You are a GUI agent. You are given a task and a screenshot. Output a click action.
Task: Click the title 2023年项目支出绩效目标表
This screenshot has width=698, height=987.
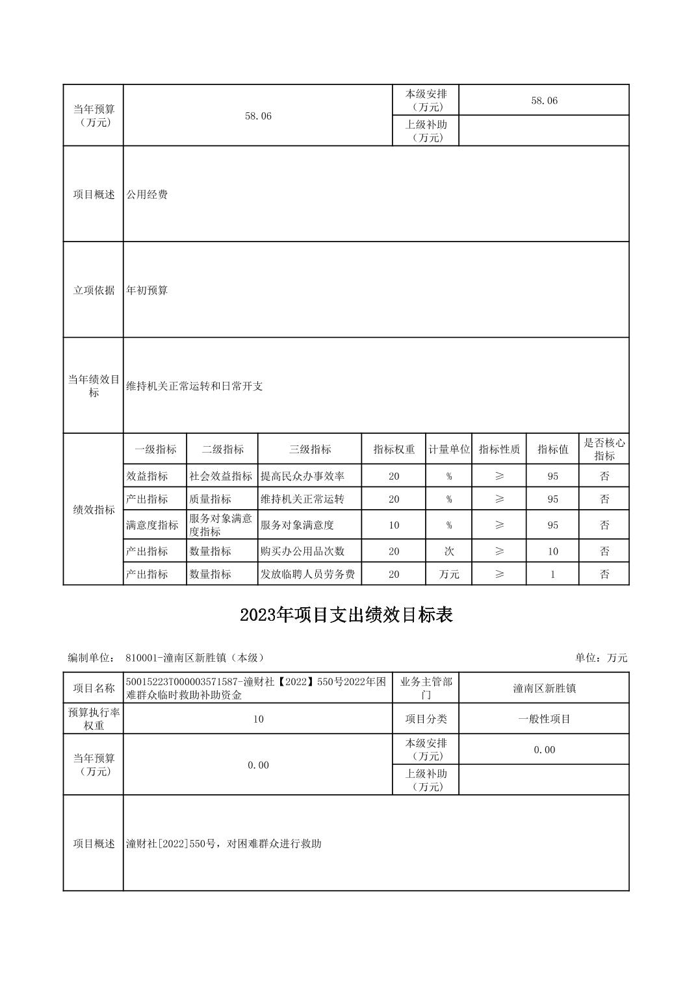[x=346, y=615]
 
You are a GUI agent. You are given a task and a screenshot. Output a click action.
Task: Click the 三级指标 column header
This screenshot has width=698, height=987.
[x=309, y=449]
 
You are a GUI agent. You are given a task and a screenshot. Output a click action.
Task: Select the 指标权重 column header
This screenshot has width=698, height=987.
[x=394, y=449]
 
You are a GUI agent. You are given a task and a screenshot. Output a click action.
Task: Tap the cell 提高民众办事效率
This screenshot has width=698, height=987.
[x=302, y=476]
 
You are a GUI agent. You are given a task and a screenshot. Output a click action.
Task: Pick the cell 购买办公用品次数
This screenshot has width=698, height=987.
[x=302, y=551]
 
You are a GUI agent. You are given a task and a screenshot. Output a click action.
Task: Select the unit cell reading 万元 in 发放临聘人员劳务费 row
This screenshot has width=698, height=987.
[x=448, y=574]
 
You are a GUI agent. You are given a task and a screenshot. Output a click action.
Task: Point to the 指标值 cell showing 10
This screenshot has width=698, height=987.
[x=552, y=551]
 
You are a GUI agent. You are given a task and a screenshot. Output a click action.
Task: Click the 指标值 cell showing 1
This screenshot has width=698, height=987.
[x=552, y=574]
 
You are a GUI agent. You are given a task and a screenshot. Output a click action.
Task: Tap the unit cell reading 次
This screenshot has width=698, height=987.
[x=448, y=551]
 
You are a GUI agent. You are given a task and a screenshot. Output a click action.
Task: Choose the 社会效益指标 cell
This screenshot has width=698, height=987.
[x=221, y=476]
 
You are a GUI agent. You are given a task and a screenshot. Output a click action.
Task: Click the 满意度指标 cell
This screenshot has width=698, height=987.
[x=152, y=525]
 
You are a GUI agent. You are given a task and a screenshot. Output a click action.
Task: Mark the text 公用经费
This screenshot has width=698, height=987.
[x=147, y=194]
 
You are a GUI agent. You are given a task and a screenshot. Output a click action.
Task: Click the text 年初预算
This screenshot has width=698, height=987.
[x=147, y=290]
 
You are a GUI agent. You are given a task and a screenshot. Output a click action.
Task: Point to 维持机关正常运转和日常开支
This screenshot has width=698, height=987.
[x=194, y=386]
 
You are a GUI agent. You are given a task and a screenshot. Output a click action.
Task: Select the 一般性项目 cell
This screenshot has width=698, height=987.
[x=544, y=719]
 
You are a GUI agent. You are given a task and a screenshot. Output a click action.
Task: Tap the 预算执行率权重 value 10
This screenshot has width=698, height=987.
[x=258, y=719]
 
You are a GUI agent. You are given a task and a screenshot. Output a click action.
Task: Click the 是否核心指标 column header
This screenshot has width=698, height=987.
[x=604, y=449]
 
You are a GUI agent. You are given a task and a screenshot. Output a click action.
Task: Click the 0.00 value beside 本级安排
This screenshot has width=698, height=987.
[x=544, y=750]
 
